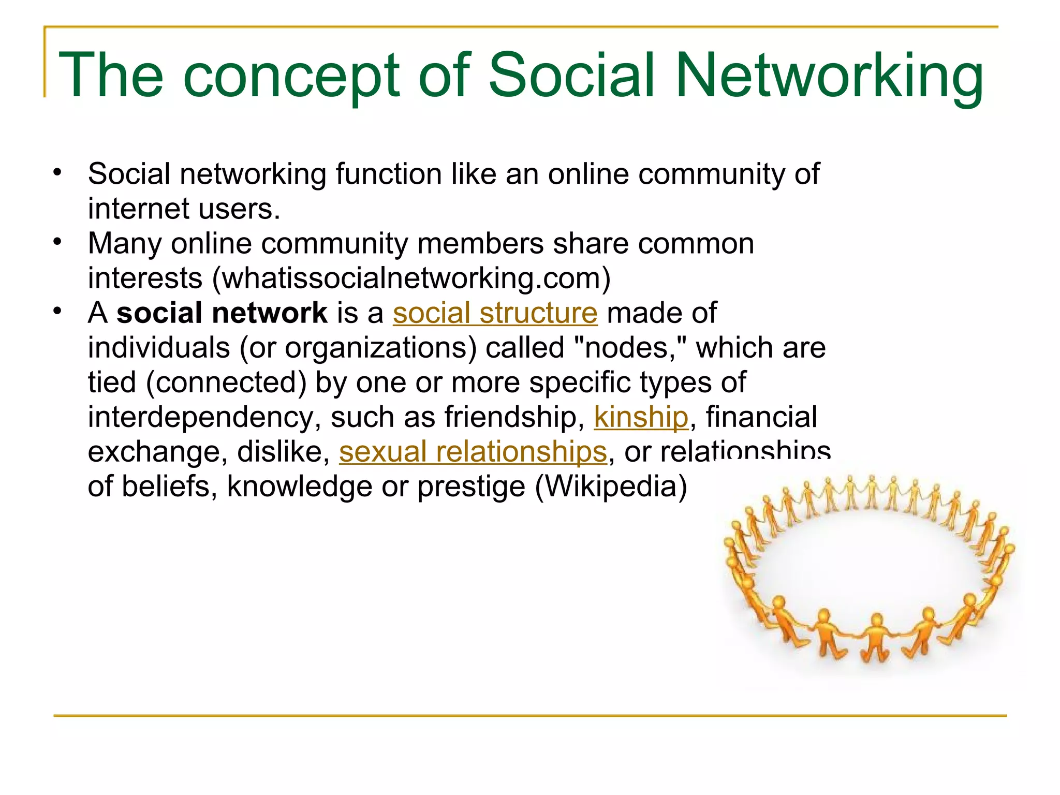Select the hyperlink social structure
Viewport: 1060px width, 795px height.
[x=495, y=313]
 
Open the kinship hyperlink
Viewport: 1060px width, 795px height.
[x=641, y=417]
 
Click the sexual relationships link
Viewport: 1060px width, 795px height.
[x=473, y=452]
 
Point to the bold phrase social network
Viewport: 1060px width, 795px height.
[x=222, y=313]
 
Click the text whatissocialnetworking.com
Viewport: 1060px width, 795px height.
[x=411, y=278]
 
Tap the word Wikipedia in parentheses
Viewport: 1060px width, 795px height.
[x=611, y=487]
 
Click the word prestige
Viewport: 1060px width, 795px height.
[x=471, y=488]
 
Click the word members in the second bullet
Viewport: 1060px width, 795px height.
[x=480, y=243]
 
